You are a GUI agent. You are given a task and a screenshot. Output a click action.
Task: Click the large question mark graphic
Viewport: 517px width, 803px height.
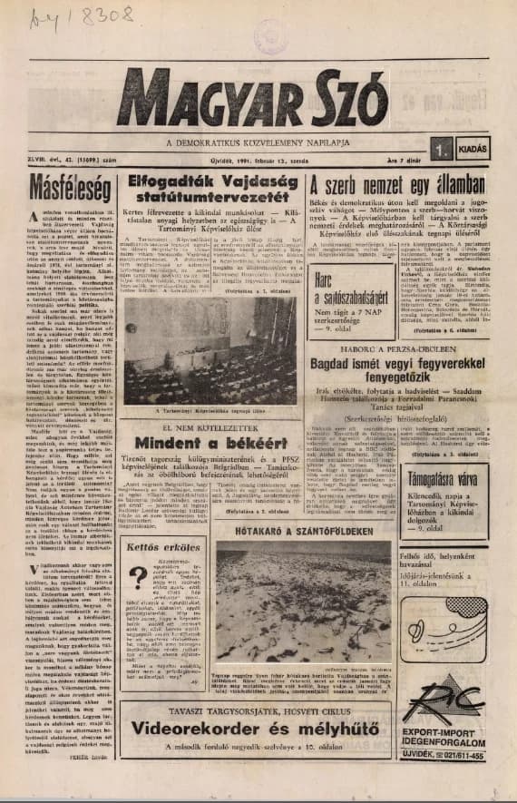(137, 579)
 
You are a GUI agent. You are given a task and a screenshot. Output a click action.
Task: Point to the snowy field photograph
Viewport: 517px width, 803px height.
(290, 603)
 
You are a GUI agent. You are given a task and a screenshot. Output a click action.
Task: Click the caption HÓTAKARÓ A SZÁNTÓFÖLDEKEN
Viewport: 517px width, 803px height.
(290, 533)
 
